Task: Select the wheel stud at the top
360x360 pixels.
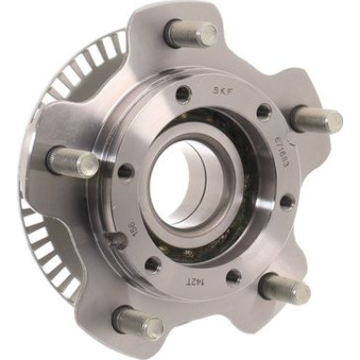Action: tap(191, 35)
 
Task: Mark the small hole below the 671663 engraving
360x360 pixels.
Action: tap(287, 199)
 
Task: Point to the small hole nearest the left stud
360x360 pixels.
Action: tap(124, 170)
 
